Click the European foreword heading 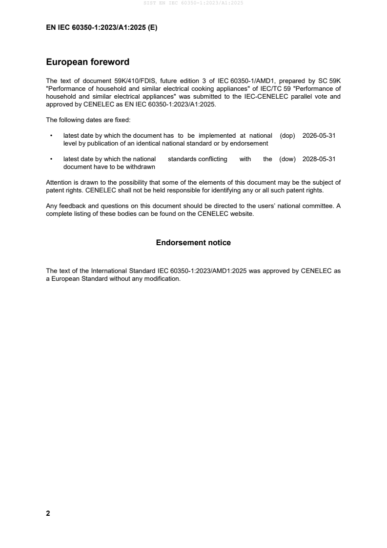pos(87,62)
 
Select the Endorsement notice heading pos(193,243)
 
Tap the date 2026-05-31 pos(319,136)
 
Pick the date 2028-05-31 pos(319,159)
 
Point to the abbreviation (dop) pos(287,136)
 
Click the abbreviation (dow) pos(287,159)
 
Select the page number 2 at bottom pos(48,513)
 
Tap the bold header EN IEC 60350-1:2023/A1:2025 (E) pos(102,28)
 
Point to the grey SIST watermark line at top pos(193,3)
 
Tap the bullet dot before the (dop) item pos(51,136)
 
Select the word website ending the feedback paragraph pos(241,213)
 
